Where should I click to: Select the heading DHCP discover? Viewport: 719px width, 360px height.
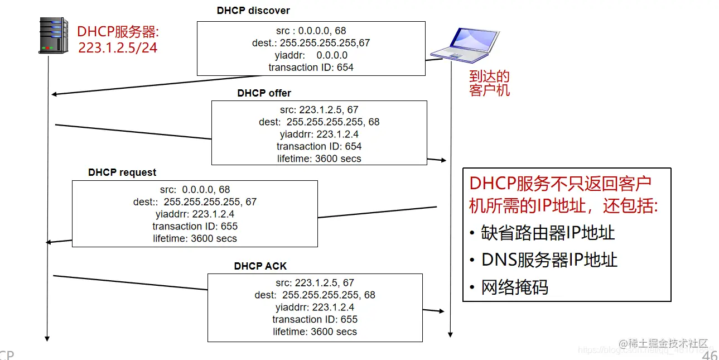(x=253, y=11)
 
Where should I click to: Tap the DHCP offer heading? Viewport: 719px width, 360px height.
(x=264, y=93)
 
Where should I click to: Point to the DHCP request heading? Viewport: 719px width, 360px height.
(x=122, y=172)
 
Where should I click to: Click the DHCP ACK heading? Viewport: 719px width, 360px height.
(x=260, y=266)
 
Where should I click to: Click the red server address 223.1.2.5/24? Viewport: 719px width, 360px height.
(x=118, y=48)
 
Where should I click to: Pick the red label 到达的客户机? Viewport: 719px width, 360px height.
(x=489, y=83)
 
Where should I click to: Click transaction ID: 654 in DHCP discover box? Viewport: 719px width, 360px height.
(x=311, y=68)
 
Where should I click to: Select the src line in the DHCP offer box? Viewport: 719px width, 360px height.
(x=319, y=110)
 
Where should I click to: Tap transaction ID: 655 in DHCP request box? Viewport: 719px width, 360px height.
(x=195, y=226)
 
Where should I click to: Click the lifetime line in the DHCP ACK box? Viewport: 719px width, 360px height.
(x=315, y=332)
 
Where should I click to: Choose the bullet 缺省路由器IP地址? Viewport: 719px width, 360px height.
(x=548, y=233)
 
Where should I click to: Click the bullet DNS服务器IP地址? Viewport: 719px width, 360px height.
(x=549, y=260)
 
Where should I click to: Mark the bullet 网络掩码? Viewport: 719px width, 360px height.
(x=514, y=287)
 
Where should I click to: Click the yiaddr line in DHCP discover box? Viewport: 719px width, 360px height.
(x=311, y=55)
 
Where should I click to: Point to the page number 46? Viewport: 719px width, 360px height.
(x=710, y=356)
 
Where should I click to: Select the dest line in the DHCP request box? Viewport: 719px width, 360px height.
(x=195, y=202)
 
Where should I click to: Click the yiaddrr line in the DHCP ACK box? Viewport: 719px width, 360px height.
(x=315, y=307)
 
